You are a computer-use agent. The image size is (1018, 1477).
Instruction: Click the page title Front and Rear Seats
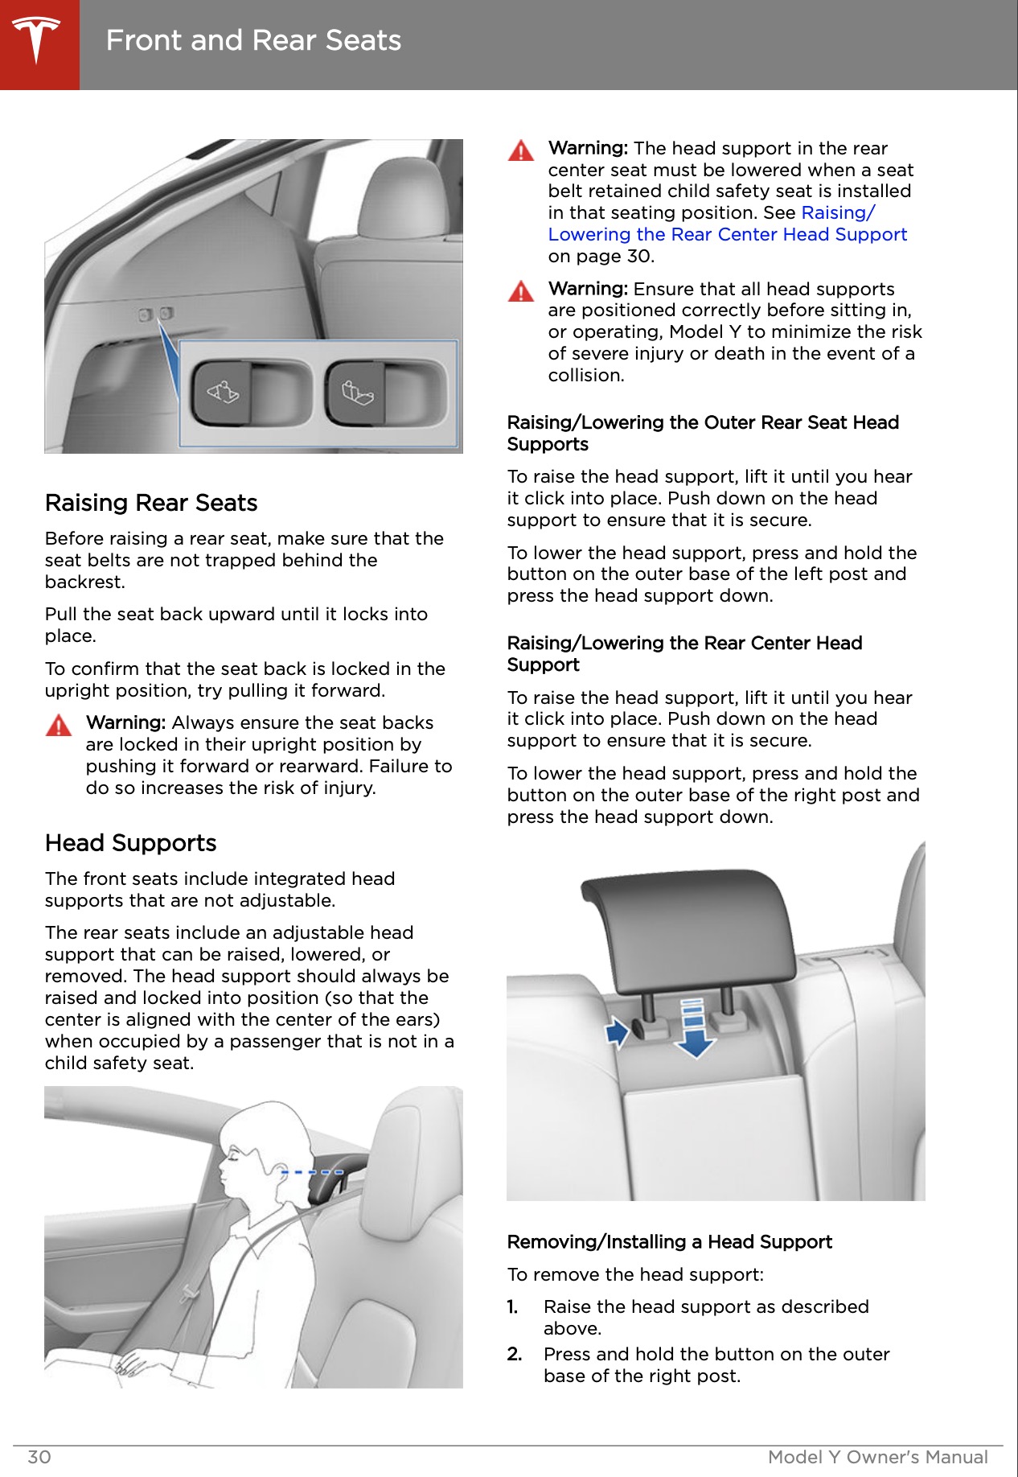[253, 40]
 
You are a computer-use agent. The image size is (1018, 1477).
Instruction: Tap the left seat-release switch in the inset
[222, 393]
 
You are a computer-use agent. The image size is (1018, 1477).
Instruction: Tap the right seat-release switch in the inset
[356, 393]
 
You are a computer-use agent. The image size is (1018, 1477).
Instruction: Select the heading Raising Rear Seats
[151, 503]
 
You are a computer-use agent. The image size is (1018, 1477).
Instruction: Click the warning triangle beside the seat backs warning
[59, 726]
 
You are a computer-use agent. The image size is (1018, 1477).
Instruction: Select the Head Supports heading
[131, 843]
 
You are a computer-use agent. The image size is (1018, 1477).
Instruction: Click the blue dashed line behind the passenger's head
[312, 1172]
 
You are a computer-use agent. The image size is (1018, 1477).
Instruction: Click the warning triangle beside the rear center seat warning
[521, 151]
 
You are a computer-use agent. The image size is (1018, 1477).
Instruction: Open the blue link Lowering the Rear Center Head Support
[727, 234]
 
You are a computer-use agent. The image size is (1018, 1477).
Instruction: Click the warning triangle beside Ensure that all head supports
[521, 291]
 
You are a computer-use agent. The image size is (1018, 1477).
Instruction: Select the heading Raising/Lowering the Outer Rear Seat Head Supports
[702, 433]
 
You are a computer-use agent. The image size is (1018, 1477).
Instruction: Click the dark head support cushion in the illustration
[688, 925]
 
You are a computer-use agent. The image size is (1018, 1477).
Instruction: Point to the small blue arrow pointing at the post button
[617, 1031]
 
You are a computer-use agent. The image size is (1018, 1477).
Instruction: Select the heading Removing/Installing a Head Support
[669, 1242]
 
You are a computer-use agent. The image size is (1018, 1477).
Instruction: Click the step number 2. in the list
[515, 1355]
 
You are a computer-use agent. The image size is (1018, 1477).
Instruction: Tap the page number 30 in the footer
[39, 1457]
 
